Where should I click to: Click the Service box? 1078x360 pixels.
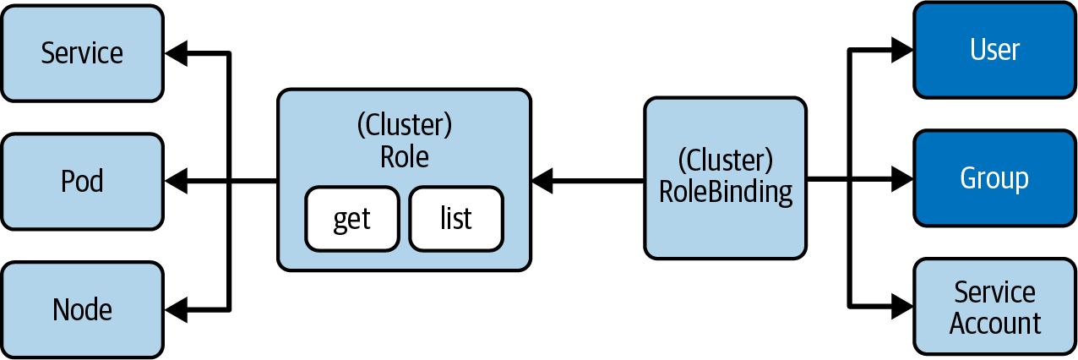[x=82, y=53]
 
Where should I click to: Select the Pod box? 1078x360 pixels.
[x=82, y=181]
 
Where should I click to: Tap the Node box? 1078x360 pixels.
[x=82, y=308]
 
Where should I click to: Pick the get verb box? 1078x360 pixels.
[x=351, y=219]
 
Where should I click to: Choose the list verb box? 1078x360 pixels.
[x=456, y=219]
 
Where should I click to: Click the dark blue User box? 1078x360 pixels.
[x=994, y=50]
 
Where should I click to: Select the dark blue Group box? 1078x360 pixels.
[x=994, y=178]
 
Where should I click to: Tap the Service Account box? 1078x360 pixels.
[x=994, y=308]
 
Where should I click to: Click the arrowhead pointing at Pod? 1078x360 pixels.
[x=177, y=180]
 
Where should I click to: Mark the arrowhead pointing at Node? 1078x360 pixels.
[x=177, y=309]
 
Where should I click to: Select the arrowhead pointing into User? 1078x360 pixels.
[x=901, y=51]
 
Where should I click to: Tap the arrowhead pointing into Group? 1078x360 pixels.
[x=901, y=179]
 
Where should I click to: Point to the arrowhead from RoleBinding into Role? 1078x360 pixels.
[x=542, y=179]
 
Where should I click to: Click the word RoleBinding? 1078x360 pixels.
[x=726, y=193]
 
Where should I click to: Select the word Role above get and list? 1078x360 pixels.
[x=405, y=157]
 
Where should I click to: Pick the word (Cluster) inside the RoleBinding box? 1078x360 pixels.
[x=726, y=161]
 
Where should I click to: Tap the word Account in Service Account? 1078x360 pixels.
[x=994, y=324]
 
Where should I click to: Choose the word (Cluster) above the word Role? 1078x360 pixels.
[x=405, y=125]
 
